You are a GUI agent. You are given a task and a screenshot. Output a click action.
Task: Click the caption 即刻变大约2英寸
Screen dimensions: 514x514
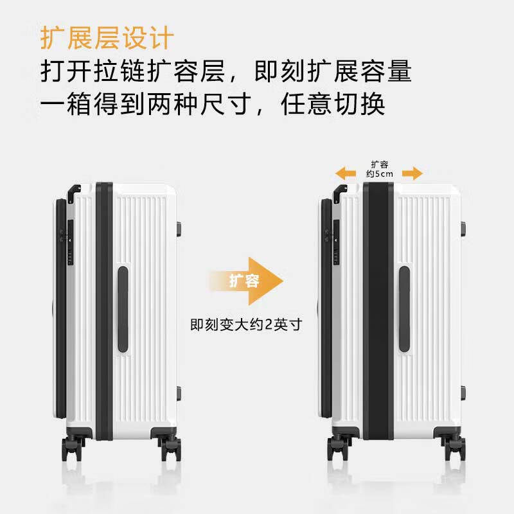[x=245, y=324]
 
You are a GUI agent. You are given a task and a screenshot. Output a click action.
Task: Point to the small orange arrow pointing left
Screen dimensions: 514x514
[x=346, y=172]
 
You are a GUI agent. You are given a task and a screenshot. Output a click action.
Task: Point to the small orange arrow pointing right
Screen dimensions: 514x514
[x=412, y=172]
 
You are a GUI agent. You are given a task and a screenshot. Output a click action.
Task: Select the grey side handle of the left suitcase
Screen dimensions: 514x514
[x=122, y=309]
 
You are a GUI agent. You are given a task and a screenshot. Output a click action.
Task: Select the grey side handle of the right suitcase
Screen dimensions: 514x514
[x=404, y=309]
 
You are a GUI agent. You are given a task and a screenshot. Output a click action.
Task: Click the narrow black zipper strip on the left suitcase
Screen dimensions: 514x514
[x=103, y=311]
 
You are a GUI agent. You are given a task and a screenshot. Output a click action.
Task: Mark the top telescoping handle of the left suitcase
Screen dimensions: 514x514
[x=74, y=190]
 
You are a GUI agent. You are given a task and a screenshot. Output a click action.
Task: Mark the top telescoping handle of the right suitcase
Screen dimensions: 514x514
[x=340, y=190]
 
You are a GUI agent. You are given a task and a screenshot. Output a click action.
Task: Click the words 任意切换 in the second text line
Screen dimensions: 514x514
[x=333, y=103]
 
